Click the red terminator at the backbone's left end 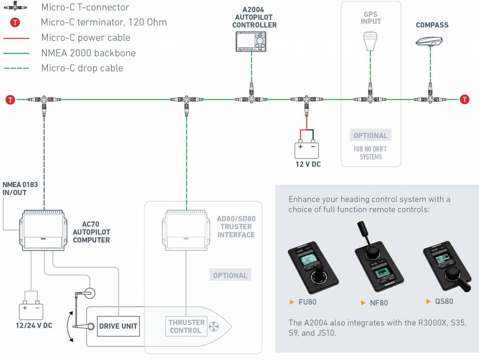[10, 99]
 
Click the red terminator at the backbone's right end [464, 99]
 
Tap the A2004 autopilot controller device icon [251, 42]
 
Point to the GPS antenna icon [370, 41]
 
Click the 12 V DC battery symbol [306, 149]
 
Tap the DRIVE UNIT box [119, 326]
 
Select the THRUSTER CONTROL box [187, 326]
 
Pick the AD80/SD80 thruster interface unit [186, 230]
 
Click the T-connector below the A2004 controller [251, 99]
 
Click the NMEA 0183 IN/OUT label [20, 189]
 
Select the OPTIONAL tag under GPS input [370, 136]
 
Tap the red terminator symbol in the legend [15, 22]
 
